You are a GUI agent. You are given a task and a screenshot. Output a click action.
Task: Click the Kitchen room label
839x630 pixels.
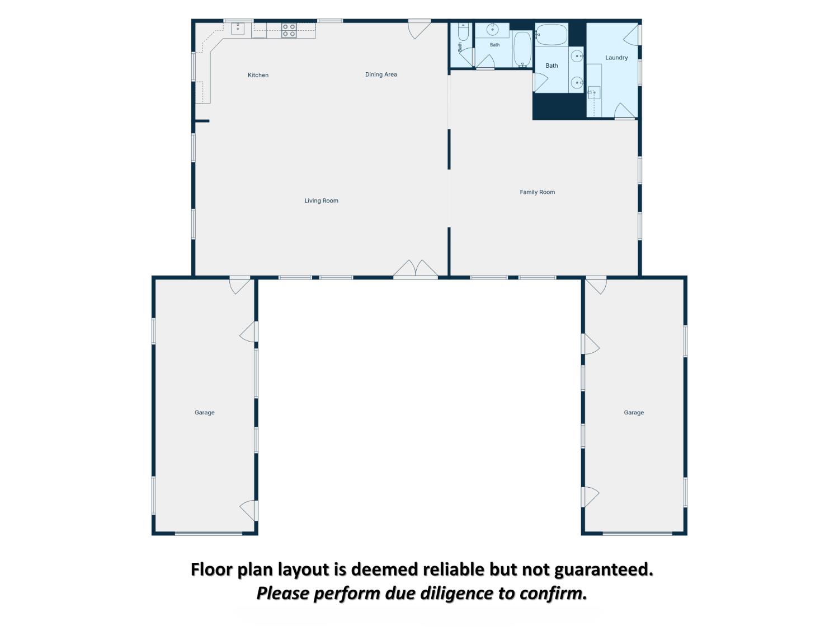(258, 75)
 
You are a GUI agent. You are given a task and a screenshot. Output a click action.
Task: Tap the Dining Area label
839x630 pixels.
(381, 74)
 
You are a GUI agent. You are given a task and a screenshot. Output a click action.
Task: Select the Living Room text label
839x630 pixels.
(321, 200)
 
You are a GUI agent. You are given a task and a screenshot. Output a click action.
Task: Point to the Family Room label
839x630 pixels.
(537, 192)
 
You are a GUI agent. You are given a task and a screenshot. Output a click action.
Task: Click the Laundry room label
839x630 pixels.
(616, 58)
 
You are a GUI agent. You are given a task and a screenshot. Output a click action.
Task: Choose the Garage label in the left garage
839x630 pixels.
(205, 412)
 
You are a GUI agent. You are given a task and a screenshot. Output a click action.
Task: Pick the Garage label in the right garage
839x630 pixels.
(634, 412)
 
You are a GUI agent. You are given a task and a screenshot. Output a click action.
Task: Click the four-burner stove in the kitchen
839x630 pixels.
(289, 31)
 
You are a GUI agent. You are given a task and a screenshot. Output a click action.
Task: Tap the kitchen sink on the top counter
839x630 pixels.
(238, 29)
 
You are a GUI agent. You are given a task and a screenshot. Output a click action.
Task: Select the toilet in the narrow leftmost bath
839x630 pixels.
(463, 32)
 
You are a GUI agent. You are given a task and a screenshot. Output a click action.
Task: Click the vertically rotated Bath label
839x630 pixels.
(460, 46)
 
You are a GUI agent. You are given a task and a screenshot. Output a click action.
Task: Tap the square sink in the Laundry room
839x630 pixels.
(594, 92)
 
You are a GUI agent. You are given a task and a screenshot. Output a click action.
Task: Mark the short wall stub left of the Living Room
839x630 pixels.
(202, 122)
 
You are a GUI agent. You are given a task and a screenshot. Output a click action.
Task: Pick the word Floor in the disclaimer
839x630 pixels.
(211, 569)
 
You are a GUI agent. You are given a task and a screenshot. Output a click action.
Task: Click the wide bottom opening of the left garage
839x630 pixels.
(209, 533)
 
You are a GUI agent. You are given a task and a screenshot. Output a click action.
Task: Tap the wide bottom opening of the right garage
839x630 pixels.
(637, 533)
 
